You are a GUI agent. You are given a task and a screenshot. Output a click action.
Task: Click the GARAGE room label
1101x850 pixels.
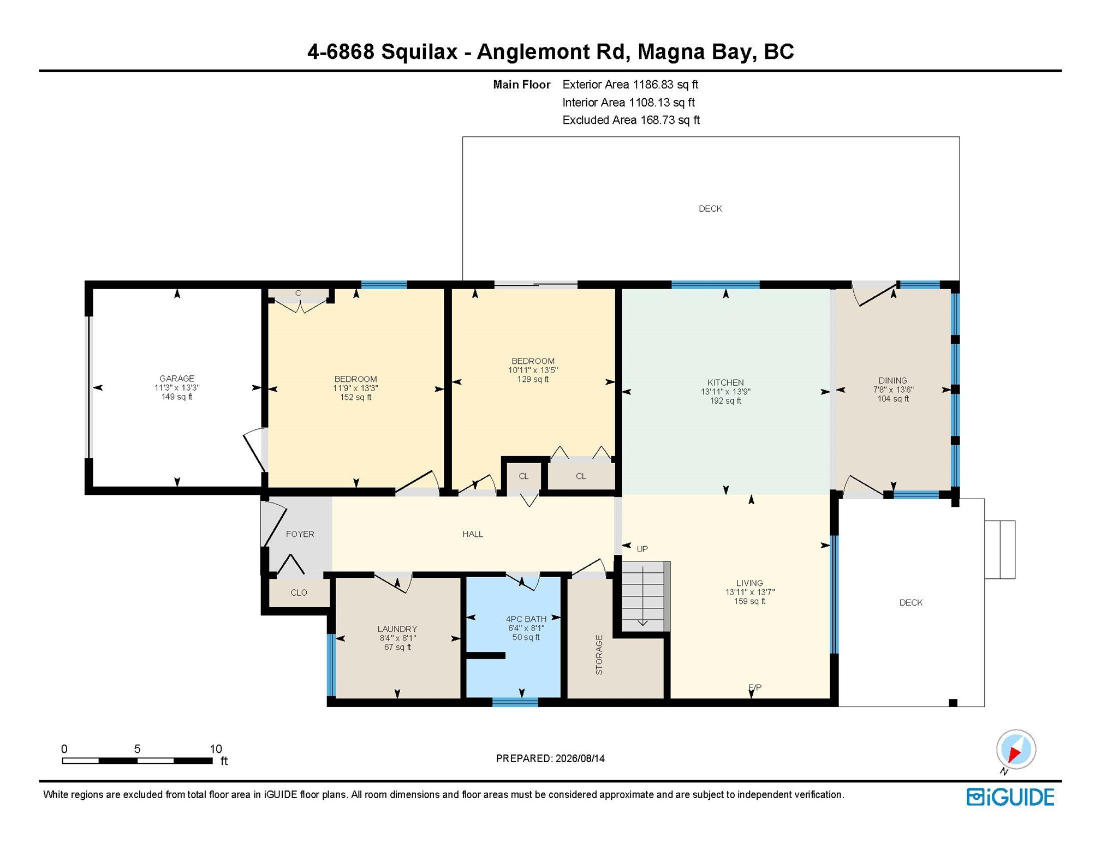(x=176, y=378)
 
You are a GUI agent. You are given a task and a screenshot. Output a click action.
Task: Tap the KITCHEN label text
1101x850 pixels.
(x=725, y=382)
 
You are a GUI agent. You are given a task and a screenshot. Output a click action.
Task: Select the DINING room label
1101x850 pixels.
(x=892, y=380)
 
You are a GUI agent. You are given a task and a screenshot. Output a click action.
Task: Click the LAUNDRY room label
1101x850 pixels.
(x=397, y=629)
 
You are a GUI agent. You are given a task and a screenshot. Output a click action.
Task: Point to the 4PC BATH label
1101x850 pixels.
(x=526, y=619)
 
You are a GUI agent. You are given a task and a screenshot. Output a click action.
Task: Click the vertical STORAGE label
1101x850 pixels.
(x=599, y=655)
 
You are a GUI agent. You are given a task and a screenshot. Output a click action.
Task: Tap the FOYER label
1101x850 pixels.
(x=300, y=534)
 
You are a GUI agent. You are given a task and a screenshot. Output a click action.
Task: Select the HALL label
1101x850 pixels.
(x=473, y=534)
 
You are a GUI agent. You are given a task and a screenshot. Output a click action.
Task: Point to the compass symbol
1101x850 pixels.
(x=1015, y=750)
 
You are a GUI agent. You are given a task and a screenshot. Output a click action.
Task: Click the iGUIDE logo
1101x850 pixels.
(x=1010, y=797)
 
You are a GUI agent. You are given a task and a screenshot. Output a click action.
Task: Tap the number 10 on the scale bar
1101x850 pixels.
(x=216, y=749)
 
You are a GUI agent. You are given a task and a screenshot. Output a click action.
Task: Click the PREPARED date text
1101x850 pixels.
(x=550, y=758)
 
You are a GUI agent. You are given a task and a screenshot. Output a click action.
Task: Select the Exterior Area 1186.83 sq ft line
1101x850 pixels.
(x=630, y=85)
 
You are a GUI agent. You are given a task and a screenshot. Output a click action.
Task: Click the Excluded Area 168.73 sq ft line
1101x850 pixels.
(x=630, y=120)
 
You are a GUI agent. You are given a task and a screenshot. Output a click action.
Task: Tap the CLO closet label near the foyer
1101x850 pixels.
(x=299, y=592)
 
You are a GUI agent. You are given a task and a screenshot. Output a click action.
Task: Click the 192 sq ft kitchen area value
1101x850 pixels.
(x=725, y=400)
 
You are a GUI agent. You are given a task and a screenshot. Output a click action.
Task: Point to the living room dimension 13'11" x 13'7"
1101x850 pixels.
(x=749, y=592)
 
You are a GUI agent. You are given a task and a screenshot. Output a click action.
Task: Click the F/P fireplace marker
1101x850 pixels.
(x=755, y=687)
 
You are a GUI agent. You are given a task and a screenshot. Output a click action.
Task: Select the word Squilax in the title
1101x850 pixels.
(x=419, y=52)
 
